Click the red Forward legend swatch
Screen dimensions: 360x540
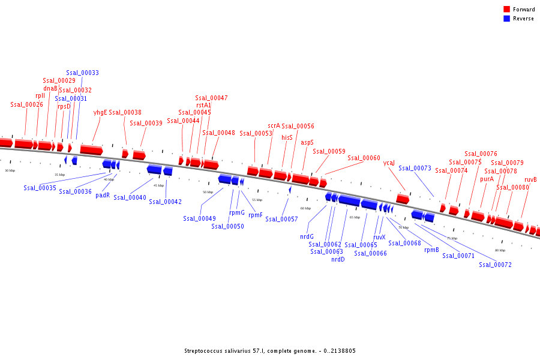[507, 9]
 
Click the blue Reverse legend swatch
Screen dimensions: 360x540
[507, 19]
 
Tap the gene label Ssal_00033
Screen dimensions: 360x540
[82, 73]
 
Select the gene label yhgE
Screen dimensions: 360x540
[100, 112]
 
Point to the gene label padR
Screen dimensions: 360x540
[103, 195]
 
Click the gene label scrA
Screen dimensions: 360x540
[274, 126]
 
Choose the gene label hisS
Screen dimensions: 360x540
[287, 137]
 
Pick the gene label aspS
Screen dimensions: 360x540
[307, 143]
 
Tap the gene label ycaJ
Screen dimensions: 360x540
[389, 163]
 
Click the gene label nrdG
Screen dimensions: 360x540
[307, 236]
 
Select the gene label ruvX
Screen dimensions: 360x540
[379, 237]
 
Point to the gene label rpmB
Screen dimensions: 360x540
[431, 250]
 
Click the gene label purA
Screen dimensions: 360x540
[487, 179]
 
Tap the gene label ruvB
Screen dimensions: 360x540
[530, 180]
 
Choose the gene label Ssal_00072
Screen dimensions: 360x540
[495, 265]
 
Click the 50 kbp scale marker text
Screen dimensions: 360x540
[208, 192]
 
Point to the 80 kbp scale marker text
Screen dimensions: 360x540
[500, 250]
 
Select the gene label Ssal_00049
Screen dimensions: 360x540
[199, 218]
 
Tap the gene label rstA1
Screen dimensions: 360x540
[203, 105]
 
